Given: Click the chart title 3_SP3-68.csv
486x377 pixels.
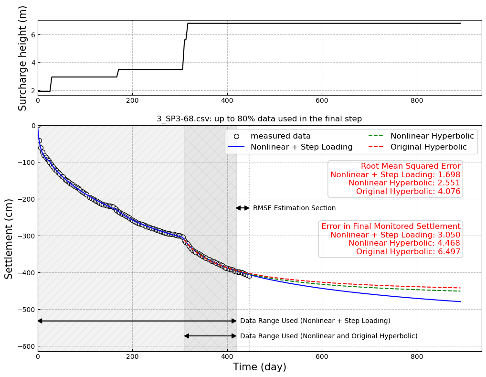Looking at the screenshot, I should pyautogui.click(x=259, y=119).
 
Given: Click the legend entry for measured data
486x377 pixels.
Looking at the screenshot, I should pyautogui.click(x=280, y=136).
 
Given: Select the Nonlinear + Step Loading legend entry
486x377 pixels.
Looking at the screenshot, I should pyautogui.click(x=301, y=147).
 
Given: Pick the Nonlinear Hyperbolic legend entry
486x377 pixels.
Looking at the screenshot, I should pyautogui.click(x=432, y=136).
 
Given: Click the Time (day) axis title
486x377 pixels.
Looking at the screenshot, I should pyautogui.click(x=259, y=367).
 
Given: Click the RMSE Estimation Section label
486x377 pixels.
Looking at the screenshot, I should pyautogui.click(x=294, y=208).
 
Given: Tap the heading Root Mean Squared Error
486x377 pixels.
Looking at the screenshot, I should pyautogui.click(x=410, y=166).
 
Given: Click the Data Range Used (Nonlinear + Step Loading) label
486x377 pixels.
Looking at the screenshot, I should pyautogui.click(x=315, y=321).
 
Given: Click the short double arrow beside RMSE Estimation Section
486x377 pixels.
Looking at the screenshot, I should pyautogui.click(x=243, y=208).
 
